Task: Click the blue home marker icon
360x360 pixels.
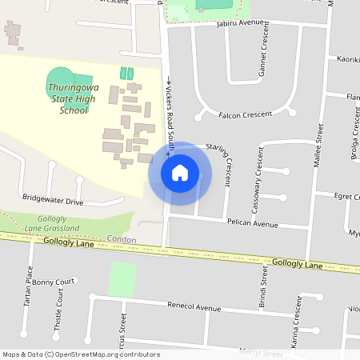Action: click(179, 173)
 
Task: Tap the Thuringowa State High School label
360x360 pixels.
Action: click(74, 98)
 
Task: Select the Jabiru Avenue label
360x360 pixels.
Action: click(240, 23)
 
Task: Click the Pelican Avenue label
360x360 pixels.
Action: click(252, 224)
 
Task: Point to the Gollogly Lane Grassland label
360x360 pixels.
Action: click(58, 223)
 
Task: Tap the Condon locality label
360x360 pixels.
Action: click(121, 239)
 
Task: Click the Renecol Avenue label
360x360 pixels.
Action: click(193, 307)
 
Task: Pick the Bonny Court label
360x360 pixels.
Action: click(54, 282)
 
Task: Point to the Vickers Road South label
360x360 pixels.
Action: click(170, 111)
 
